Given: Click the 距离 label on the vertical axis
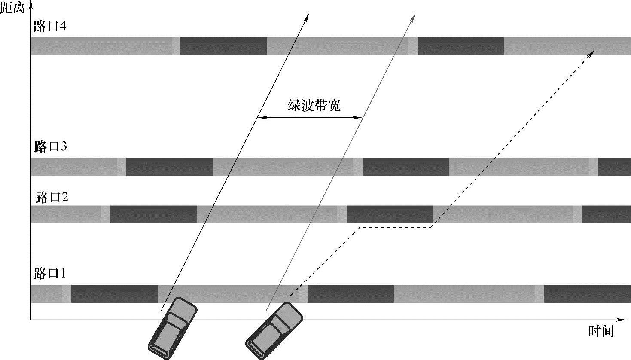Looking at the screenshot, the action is coord(13,8).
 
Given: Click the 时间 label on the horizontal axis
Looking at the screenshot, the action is coord(601,331).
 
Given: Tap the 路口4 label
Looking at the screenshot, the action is coord(50,27).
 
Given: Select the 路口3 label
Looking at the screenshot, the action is coord(50,147).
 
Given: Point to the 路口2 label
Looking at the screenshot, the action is coord(52,198).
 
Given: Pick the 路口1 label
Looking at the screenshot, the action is coord(50,273).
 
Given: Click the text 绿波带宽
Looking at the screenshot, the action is coord(314,106).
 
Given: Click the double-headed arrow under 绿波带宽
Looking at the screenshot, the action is coord(310,117).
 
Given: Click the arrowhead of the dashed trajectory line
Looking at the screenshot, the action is coord(592,52).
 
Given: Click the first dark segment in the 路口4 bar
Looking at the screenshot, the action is coord(223,46).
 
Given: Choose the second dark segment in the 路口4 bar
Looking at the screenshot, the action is coord(460,46).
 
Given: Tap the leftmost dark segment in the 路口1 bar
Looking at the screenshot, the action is coord(115,294).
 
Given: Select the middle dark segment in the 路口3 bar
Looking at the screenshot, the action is coord(405,167).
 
